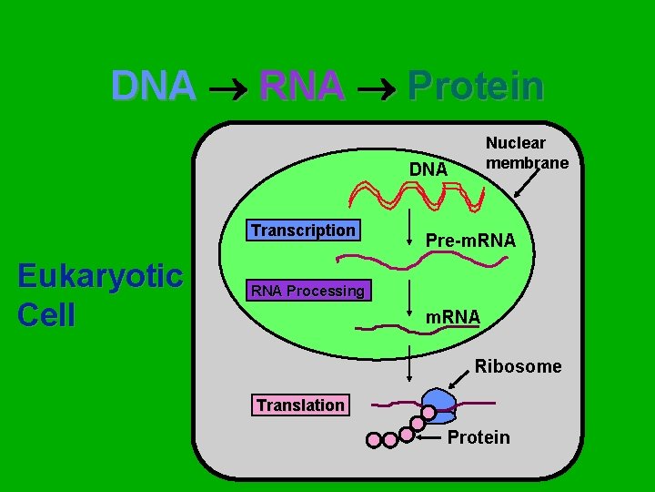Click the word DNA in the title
click(153, 87)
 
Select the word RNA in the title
click(301, 87)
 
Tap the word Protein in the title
click(476, 87)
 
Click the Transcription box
click(303, 231)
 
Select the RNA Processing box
click(307, 291)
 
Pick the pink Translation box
click(300, 405)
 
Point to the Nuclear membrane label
click(527, 153)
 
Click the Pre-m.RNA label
click(470, 241)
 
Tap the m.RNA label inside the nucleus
click(453, 316)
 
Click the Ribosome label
click(518, 366)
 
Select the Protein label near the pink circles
click(479, 437)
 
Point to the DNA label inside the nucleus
click(428, 169)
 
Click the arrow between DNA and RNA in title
click(227, 88)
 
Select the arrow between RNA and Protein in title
click(376, 88)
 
